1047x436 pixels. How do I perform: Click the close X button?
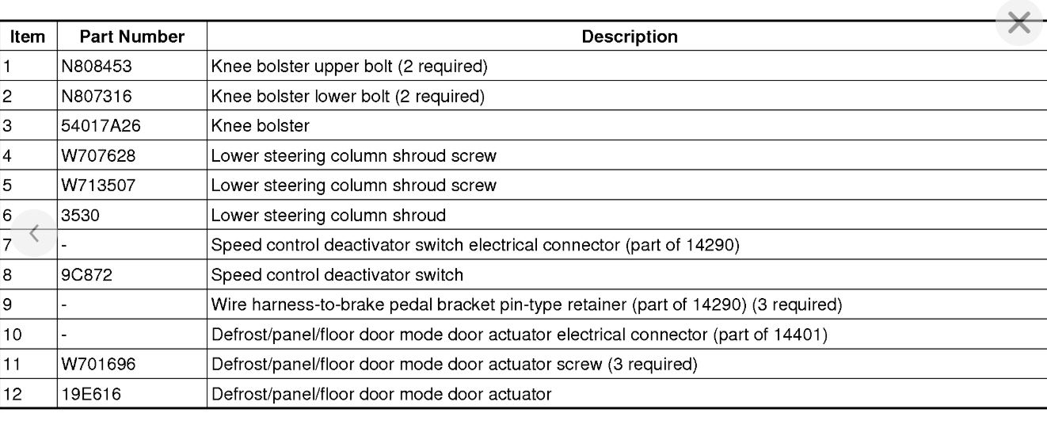(x=1018, y=24)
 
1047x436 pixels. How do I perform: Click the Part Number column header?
(x=131, y=36)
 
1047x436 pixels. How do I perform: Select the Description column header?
(x=630, y=36)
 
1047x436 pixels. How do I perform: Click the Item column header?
(x=28, y=36)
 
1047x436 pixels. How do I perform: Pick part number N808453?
(x=97, y=67)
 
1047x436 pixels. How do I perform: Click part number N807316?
(x=97, y=97)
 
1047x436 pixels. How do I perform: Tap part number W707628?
(x=97, y=156)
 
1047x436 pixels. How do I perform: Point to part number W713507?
(x=97, y=185)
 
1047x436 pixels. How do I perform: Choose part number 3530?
(x=78, y=215)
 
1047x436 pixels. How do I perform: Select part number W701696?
(x=97, y=364)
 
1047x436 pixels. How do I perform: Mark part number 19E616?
(x=91, y=393)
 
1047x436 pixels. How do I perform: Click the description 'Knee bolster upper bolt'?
(x=348, y=67)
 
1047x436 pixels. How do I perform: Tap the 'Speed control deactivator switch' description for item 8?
(x=337, y=275)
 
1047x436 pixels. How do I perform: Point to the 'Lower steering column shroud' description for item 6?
(x=328, y=215)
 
